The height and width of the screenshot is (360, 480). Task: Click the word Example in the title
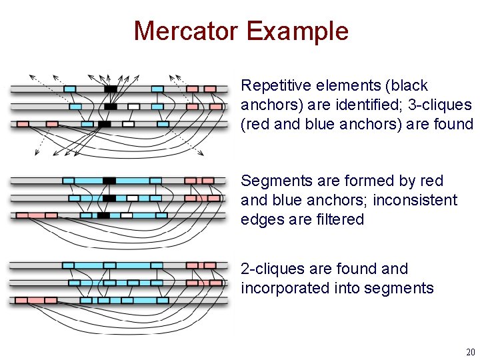tap(297, 31)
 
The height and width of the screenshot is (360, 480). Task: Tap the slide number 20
tap(471, 352)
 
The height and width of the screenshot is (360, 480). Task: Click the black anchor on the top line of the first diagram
tap(111, 89)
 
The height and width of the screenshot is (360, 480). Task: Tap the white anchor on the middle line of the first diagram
tap(133, 106)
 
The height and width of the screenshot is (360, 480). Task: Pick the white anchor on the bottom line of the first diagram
tap(128, 124)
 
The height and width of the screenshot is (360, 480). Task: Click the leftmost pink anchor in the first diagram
tap(23, 124)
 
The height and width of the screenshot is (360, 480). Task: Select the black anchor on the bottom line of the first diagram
tap(104, 124)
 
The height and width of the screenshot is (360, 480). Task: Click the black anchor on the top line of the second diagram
tap(109, 181)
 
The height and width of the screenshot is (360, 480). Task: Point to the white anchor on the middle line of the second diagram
tap(133, 198)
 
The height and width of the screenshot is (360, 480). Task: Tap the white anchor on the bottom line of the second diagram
tap(127, 215)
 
